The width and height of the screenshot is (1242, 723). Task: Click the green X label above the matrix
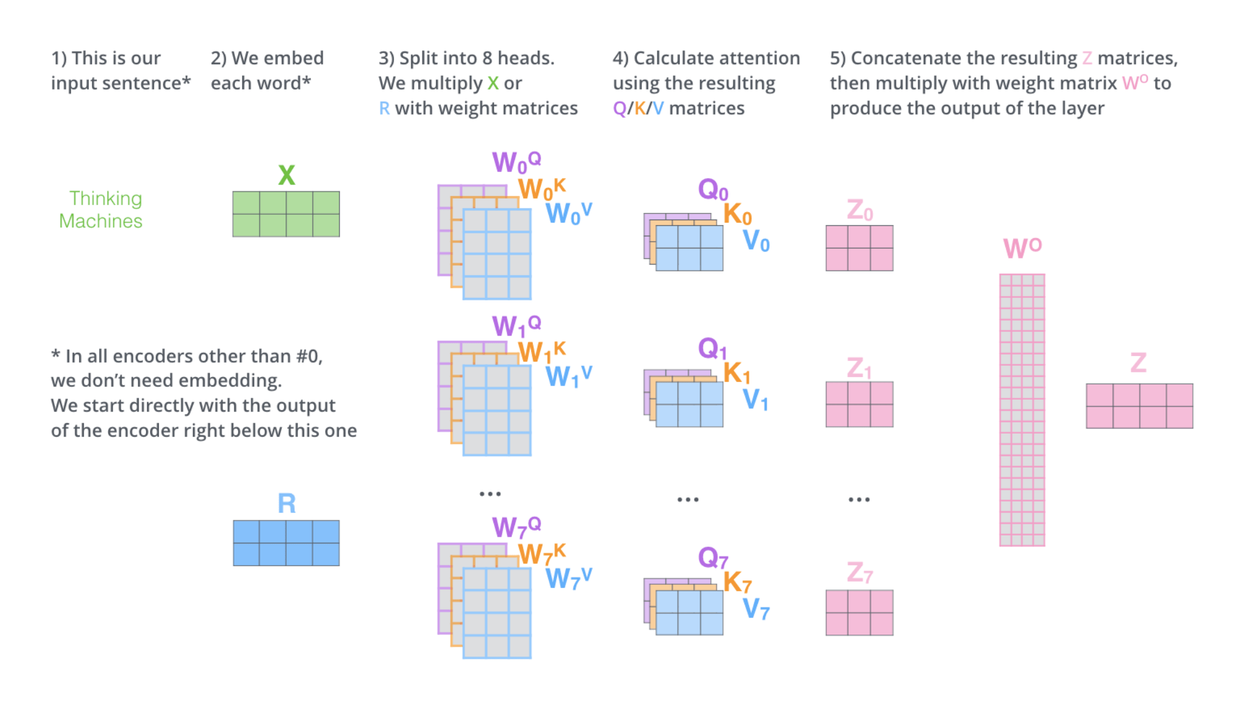(286, 175)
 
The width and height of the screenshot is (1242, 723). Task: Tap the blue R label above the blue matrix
(286, 503)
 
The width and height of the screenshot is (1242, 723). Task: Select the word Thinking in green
(105, 199)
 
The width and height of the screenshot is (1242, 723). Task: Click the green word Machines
(101, 221)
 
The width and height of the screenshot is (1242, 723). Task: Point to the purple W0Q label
(516, 162)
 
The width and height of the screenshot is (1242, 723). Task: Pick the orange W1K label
(541, 352)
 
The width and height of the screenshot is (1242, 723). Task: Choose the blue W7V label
(568, 578)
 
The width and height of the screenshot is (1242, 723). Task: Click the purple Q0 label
(713, 189)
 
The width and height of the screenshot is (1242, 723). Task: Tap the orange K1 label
(736, 373)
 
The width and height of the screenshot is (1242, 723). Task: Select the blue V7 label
(755, 609)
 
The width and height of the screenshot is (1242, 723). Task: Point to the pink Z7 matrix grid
(859, 613)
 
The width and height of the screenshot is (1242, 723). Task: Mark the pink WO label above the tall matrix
(1022, 247)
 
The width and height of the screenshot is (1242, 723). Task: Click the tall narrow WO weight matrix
(1022, 410)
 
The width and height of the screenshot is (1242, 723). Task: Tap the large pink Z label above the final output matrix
(1138, 363)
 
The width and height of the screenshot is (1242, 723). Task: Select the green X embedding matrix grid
(286, 214)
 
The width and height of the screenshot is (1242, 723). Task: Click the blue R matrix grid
(286, 543)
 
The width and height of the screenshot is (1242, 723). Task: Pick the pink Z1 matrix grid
(859, 404)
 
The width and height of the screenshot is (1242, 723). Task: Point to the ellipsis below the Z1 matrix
(859, 500)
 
